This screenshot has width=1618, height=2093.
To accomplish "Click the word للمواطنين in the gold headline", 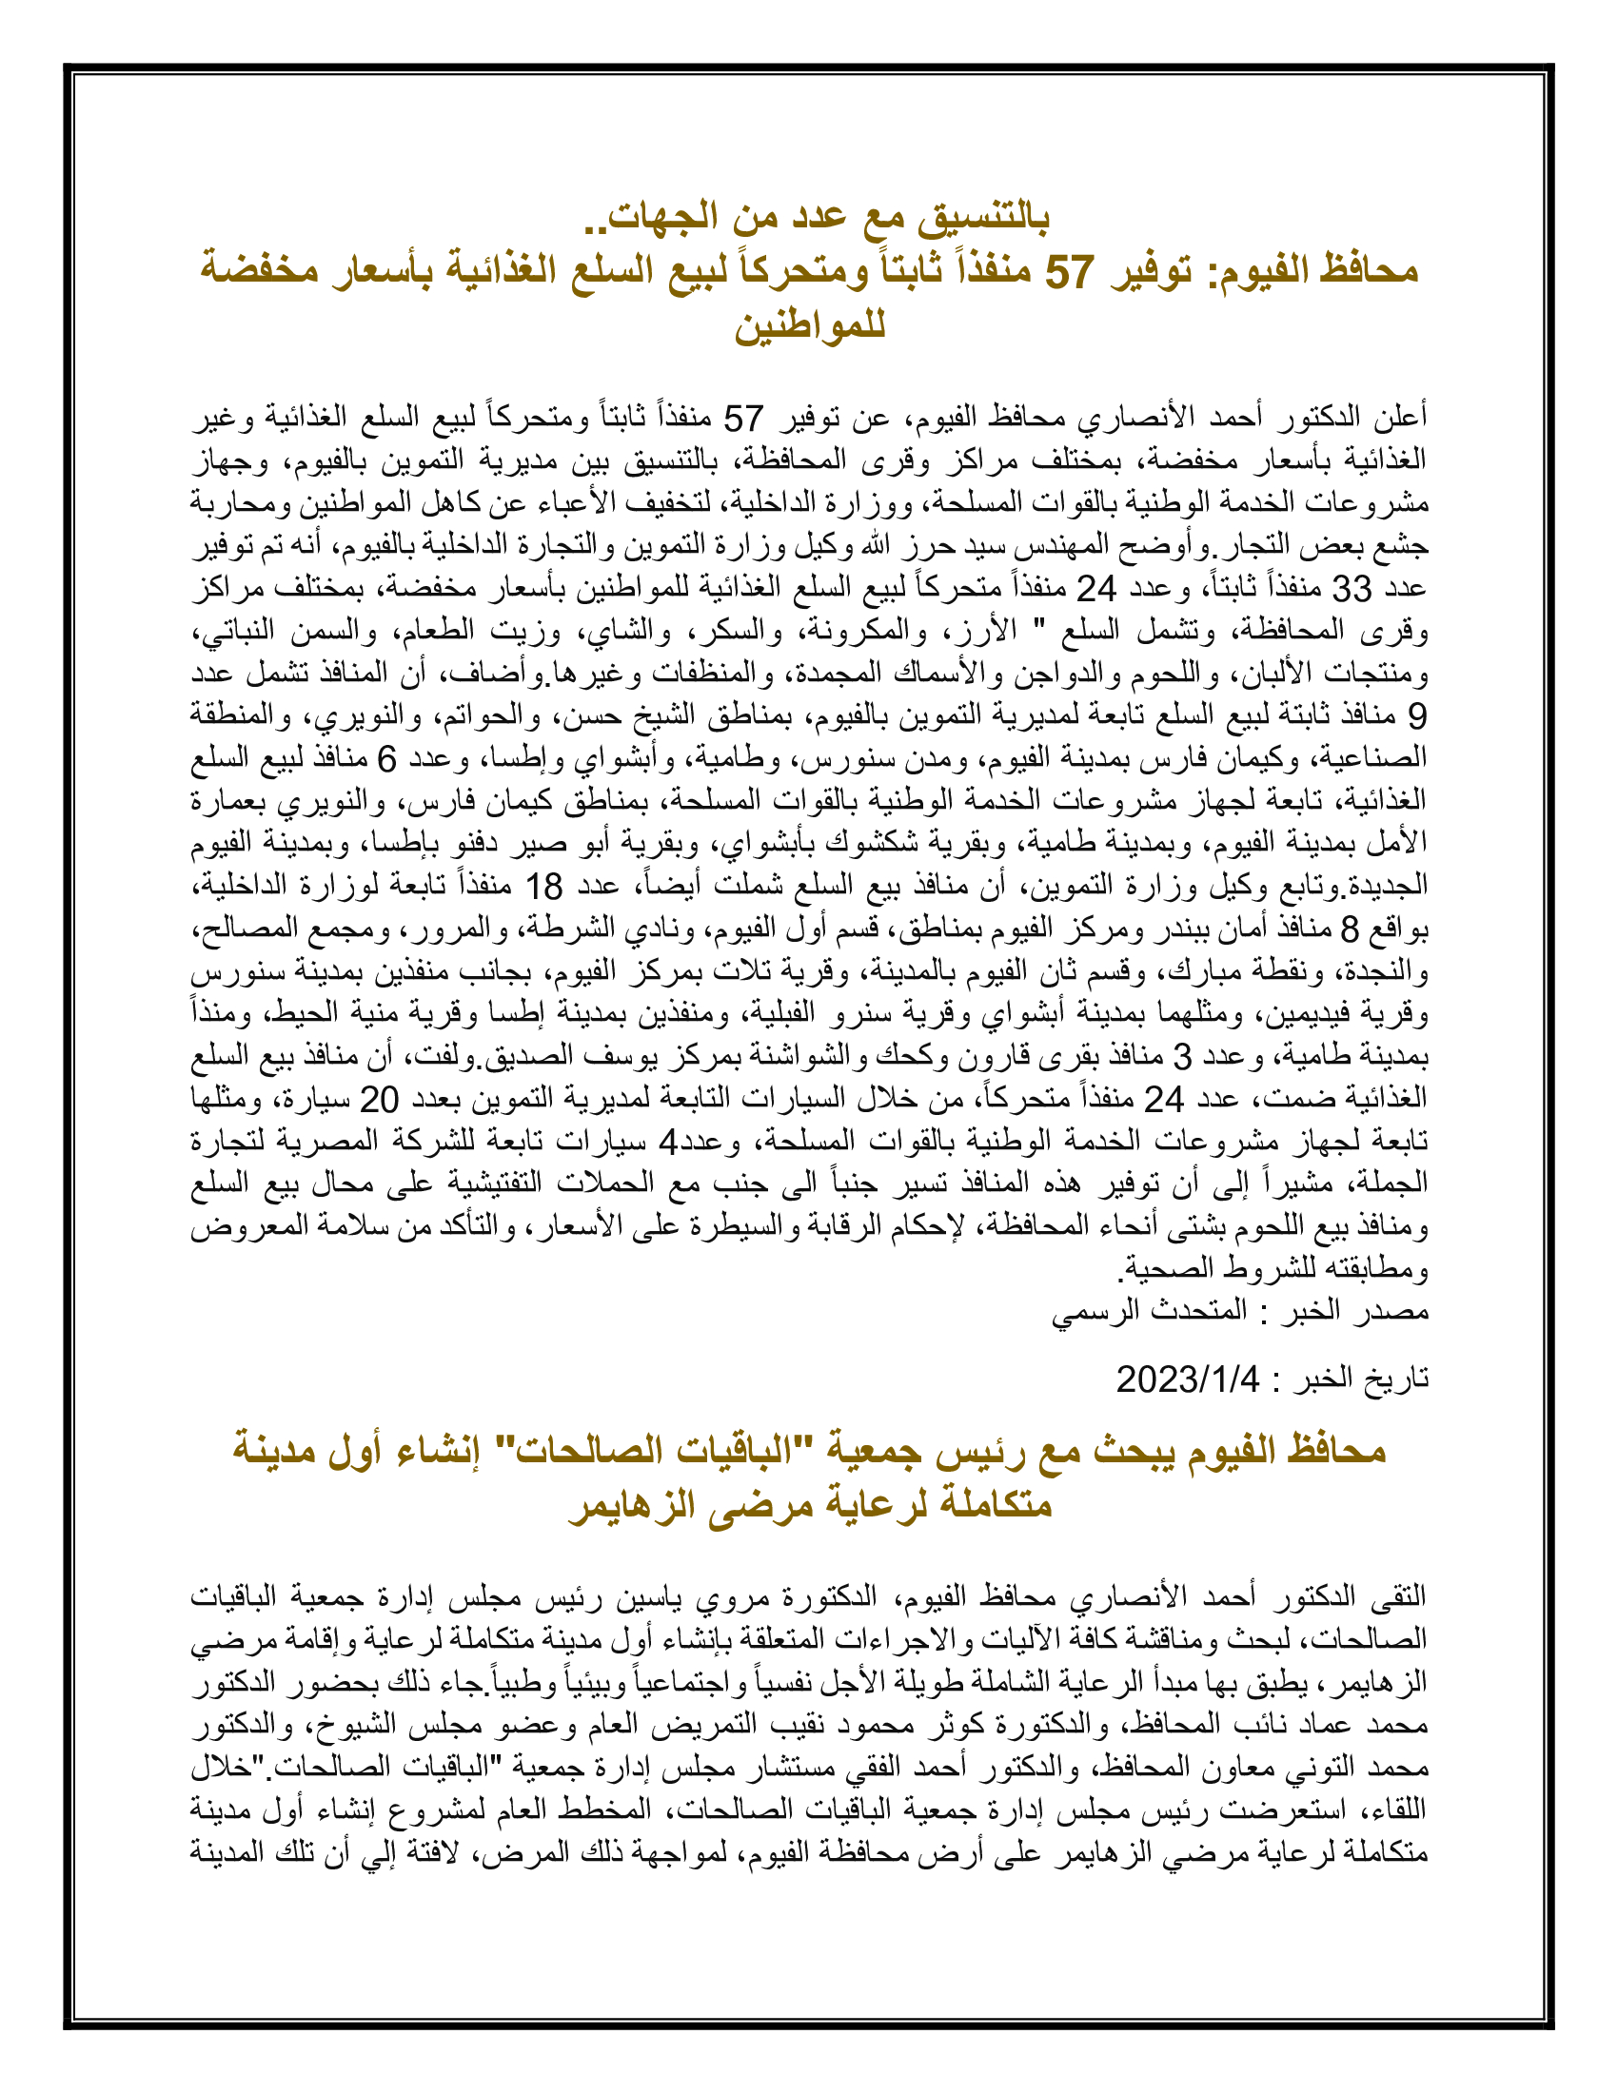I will pyautogui.click(x=810, y=325).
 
